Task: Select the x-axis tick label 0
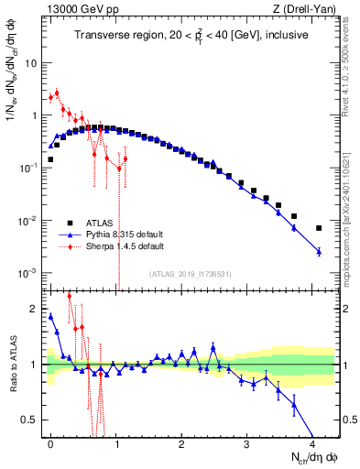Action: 50,442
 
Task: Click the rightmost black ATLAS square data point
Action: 319,228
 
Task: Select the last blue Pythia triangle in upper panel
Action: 319,251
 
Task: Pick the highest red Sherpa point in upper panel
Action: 57,93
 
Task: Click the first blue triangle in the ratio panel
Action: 50,316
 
